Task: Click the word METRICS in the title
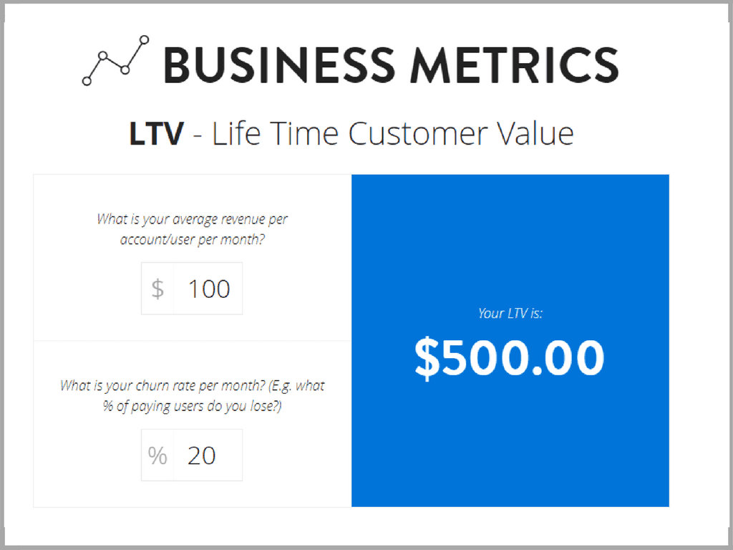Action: [515, 65]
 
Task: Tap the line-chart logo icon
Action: [115, 60]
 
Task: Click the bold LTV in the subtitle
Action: [156, 134]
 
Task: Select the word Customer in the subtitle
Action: [418, 134]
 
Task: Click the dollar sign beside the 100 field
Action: [157, 289]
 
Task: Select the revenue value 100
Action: [209, 289]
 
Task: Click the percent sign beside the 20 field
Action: [157, 455]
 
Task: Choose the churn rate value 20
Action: [201, 455]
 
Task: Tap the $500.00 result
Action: [510, 358]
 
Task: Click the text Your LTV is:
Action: [510, 314]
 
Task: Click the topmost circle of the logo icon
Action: [145, 40]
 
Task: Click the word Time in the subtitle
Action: [304, 134]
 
